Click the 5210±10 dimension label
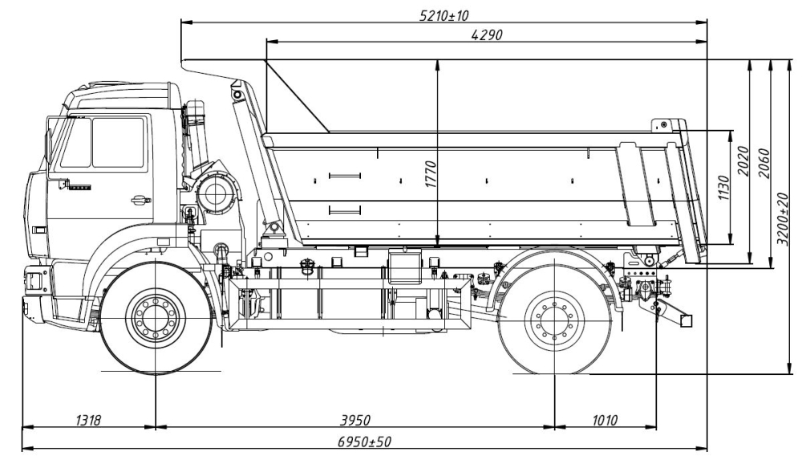click(444, 15)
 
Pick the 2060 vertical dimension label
click(763, 160)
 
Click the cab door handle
click(141, 200)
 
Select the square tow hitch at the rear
click(685, 320)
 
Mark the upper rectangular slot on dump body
click(345, 175)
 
